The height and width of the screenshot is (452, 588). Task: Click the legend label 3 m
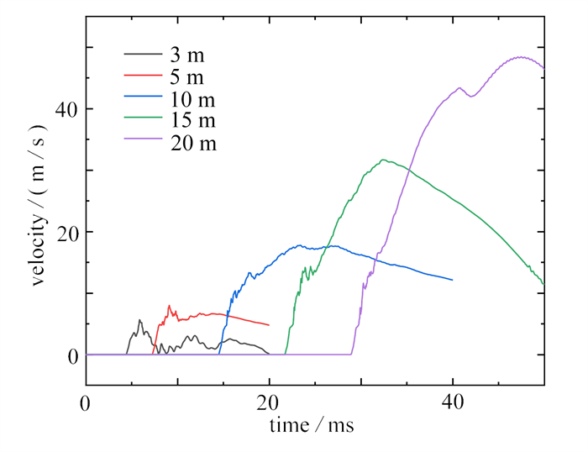tap(186, 56)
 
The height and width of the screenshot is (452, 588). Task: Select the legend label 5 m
tap(186, 78)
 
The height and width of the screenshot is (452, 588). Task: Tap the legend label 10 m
tap(192, 100)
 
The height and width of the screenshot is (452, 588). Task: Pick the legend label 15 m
tap(192, 122)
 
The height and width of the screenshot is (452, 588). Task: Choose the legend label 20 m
tap(192, 144)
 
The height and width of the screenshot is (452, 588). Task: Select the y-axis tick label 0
tap(71, 355)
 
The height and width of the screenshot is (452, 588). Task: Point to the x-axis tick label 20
tap(269, 403)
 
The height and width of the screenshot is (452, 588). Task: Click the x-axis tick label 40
tap(453, 403)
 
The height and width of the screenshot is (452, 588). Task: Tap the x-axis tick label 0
tap(86, 403)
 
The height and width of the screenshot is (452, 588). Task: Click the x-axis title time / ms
tap(312, 427)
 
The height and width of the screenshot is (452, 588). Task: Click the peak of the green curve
tap(383, 160)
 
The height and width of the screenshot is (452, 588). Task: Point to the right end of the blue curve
tap(453, 280)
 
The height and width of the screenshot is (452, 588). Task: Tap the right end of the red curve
tap(269, 324)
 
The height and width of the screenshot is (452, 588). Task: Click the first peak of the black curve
tap(139, 320)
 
